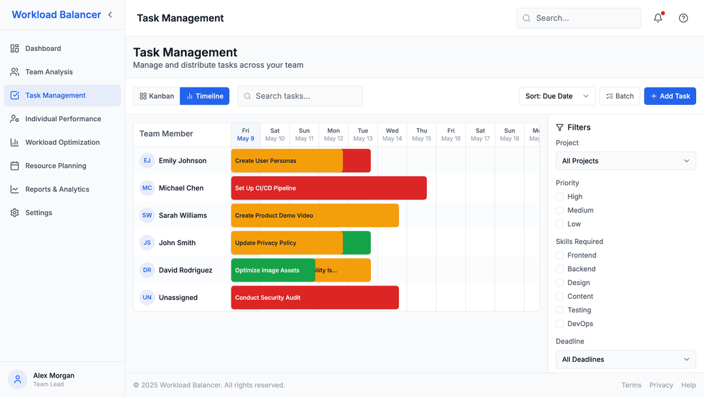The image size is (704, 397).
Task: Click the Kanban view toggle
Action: coord(156,96)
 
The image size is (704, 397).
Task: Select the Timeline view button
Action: coord(205,96)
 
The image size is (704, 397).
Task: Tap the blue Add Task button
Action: coord(669,96)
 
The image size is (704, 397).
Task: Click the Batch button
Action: coord(619,96)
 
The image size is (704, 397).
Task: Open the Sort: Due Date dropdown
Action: coord(557,96)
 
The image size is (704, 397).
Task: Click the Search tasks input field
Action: coord(300,96)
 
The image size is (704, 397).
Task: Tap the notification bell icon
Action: coord(658,18)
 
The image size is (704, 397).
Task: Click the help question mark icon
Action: coord(683,18)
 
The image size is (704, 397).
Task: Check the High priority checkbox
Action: coord(559,196)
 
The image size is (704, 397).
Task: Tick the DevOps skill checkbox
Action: coord(559,323)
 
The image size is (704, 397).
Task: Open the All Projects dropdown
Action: coord(625,161)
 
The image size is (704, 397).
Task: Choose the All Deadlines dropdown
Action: coord(625,359)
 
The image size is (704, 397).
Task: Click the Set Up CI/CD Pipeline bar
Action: coord(329,188)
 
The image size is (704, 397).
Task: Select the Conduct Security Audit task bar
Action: coord(315,297)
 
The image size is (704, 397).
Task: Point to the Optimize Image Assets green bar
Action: coord(272,270)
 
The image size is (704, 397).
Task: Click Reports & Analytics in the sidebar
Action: coord(57,189)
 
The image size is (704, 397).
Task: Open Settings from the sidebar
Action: coord(38,213)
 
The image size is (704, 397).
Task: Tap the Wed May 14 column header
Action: coord(392,134)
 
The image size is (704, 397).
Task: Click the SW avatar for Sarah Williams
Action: coord(147,215)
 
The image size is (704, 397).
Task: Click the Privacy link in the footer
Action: coord(661,385)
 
